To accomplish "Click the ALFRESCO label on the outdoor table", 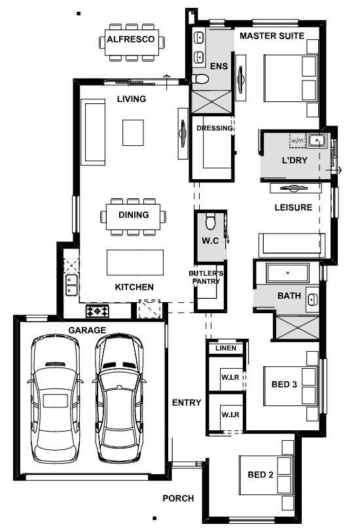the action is click(x=131, y=39).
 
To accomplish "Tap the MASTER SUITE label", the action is click(x=272, y=35).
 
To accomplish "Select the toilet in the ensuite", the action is click(x=200, y=79).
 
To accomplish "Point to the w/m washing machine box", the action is click(x=298, y=140).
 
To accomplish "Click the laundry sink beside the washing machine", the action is click(x=317, y=140).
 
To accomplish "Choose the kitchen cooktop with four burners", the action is click(x=98, y=311).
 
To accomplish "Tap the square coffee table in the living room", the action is click(x=133, y=132).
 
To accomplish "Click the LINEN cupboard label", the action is click(x=226, y=348).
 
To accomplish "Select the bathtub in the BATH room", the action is click(x=287, y=273).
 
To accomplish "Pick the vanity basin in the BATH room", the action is click(x=312, y=300).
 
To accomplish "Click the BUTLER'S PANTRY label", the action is click(x=206, y=277).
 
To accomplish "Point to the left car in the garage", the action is click(x=55, y=399).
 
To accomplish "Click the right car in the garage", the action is click(x=119, y=399).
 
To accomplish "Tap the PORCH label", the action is click(x=178, y=498).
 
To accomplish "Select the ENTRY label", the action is click(x=187, y=402).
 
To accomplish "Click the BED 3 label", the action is click(x=284, y=385).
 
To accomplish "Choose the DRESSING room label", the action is click(x=215, y=128).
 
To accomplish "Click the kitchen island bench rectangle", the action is click(x=135, y=262).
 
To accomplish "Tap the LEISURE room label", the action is click(x=293, y=207).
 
